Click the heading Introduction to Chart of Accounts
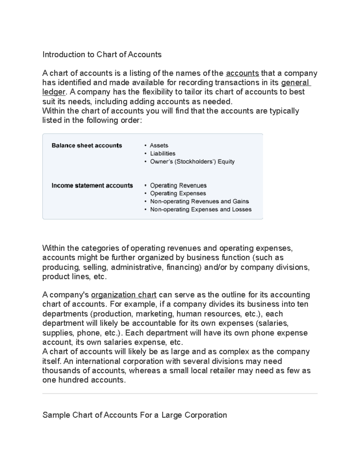[102, 54]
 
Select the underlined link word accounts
[242, 73]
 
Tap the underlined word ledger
[53, 92]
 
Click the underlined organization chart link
[124, 295]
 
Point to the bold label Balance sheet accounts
[87, 146]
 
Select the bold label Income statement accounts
[92, 185]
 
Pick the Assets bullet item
[159, 146]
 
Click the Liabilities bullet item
[163, 153]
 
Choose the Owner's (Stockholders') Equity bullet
[192, 161]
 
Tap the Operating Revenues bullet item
[178, 185]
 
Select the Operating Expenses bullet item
[178, 193]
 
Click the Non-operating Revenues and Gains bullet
[199, 201]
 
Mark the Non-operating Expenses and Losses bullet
[201, 209]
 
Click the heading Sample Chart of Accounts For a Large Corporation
[134, 415]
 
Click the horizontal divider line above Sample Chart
[180, 393]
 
